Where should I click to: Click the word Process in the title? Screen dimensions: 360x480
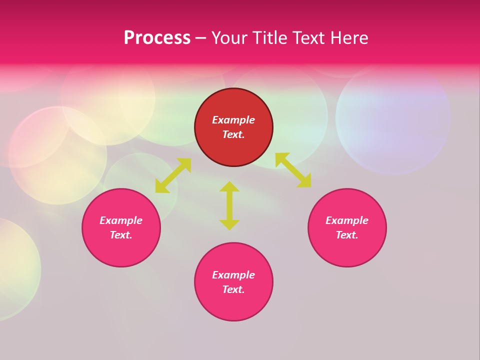157,38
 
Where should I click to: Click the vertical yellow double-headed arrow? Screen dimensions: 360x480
229,205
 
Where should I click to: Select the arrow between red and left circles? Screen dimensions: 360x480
173,175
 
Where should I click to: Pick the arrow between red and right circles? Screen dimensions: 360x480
293,170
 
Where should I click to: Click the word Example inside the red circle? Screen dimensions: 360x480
233,120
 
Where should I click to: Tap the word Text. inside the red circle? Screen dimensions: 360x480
233,134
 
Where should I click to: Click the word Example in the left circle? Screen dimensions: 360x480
121,220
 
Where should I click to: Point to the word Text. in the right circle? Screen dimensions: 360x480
347,235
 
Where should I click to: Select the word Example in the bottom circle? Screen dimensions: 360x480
233,275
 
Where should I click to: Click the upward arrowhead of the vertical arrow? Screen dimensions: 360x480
229,186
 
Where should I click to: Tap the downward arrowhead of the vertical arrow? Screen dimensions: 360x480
229,224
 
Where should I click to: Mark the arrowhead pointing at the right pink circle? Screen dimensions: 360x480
304,181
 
